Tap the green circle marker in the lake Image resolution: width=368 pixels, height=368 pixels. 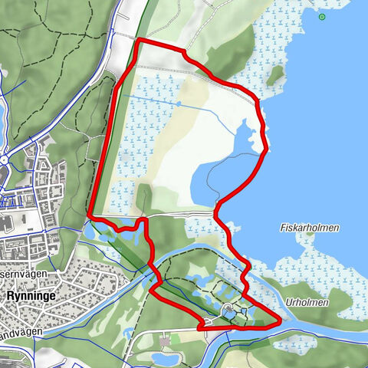pyautogui.click(x=322, y=16)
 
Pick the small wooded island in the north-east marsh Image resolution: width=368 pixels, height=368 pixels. pyautogui.click(x=274, y=74)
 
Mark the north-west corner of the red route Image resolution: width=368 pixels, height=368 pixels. pyautogui.click(x=138, y=39)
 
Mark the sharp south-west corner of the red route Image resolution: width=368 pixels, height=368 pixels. pyautogui.click(x=90, y=215)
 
